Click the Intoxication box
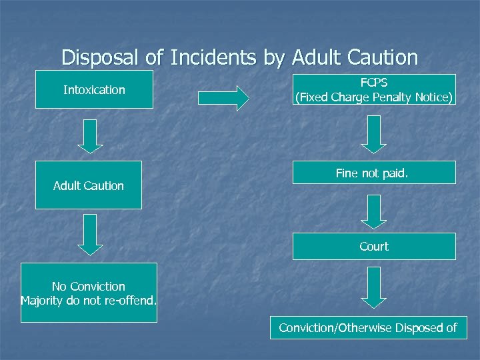pyautogui.click(x=94, y=90)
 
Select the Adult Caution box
pyautogui.click(x=89, y=185)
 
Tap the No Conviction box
pyautogui.click(x=89, y=293)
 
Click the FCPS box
pyautogui.click(x=374, y=90)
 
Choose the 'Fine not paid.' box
pyautogui.click(x=374, y=173)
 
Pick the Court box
pyautogui.click(x=374, y=246)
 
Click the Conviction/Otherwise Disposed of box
pyautogui.click(x=368, y=327)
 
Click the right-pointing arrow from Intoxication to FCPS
pyautogui.click(x=223, y=98)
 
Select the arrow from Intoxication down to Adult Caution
pyautogui.click(x=90, y=136)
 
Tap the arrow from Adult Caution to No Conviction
pyautogui.click(x=90, y=234)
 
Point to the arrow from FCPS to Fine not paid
pyautogui.click(x=374, y=134)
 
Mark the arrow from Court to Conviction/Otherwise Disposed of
pyautogui.click(x=374, y=287)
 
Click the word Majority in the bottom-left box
pyautogui.click(x=43, y=300)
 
